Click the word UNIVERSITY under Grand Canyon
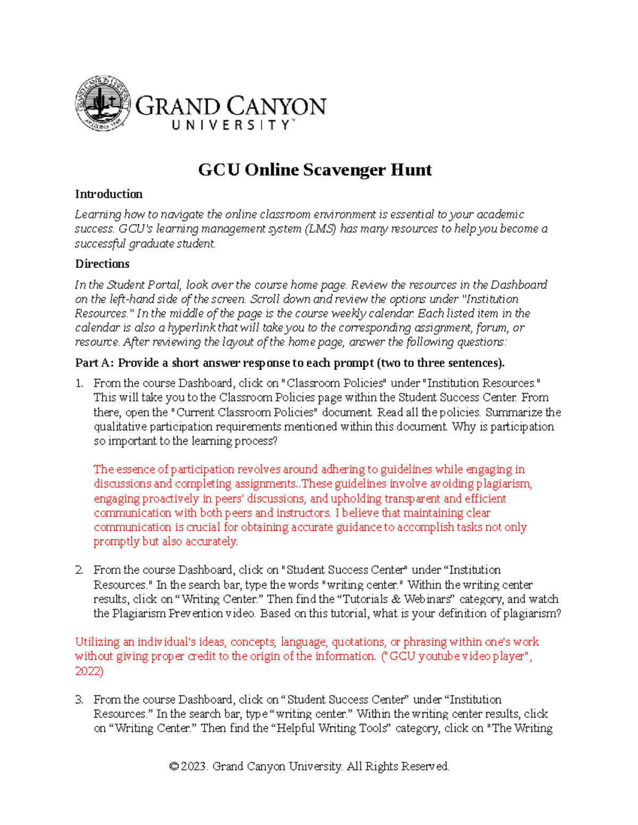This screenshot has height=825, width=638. (x=232, y=125)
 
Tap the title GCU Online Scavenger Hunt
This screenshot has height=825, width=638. (x=315, y=170)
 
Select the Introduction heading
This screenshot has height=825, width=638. (x=108, y=194)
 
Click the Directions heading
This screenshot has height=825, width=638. (x=102, y=264)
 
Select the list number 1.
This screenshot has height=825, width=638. (x=79, y=383)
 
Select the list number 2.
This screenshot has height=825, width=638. (x=79, y=570)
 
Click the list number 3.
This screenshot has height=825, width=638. (x=79, y=700)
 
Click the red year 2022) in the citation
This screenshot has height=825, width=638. (x=89, y=671)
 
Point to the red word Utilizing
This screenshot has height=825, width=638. (x=97, y=642)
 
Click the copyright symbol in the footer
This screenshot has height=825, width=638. (x=173, y=767)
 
